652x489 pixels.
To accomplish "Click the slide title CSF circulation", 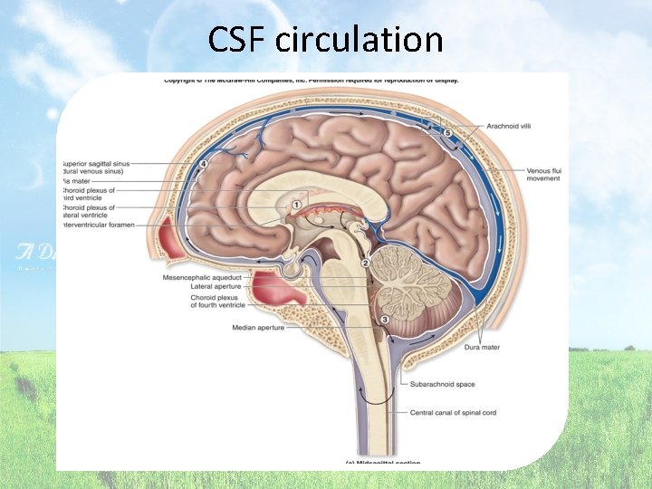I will pyautogui.click(x=325, y=40).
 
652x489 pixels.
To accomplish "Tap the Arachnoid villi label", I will pyautogui.click(x=509, y=126).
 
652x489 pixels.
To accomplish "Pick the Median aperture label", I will pyautogui.click(x=258, y=328).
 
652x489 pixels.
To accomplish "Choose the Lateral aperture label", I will pyautogui.click(x=217, y=286).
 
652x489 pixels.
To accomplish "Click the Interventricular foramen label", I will pyautogui.click(x=100, y=225).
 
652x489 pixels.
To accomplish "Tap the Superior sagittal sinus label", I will pyautogui.click(x=99, y=165).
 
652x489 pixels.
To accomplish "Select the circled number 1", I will pyautogui.click(x=295, y=206).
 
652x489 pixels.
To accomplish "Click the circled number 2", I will pyautogui.click(x=366, y=263).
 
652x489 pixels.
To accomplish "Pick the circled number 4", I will pyautogui.click(x=203, y=164).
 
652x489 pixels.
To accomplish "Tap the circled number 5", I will pyautogui.click(x=446, y=133).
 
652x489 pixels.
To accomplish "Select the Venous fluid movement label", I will pyautogui.click(x=543, y=175).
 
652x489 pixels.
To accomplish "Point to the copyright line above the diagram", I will pyautogui.click(x=310, y=81).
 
